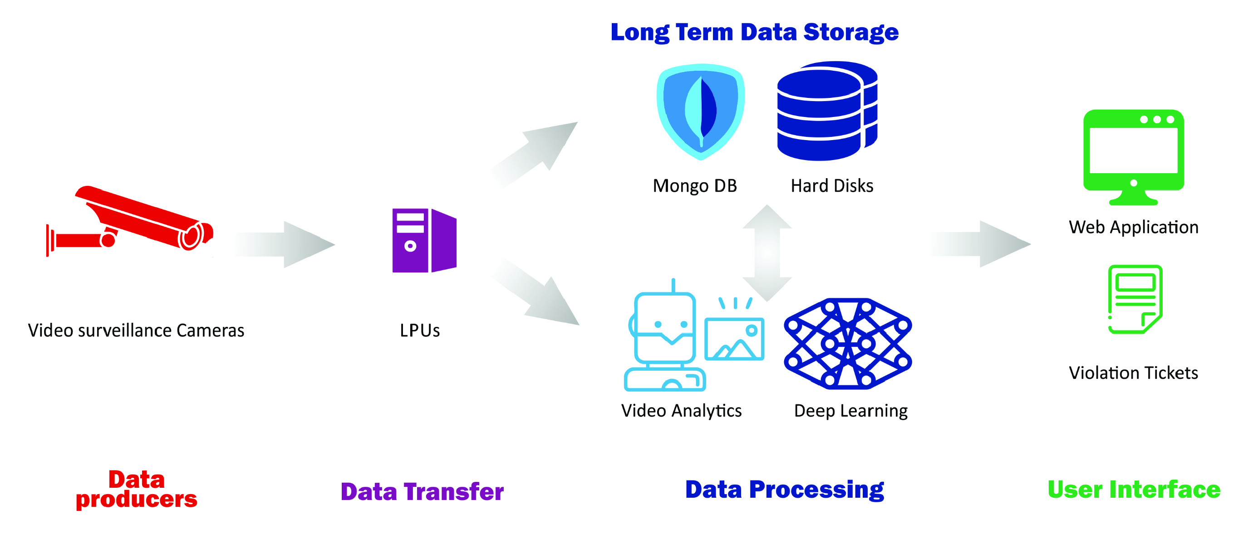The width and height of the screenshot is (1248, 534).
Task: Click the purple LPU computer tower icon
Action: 424,241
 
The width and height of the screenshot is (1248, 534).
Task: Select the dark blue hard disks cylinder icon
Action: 826,112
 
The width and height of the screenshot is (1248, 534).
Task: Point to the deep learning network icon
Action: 848,344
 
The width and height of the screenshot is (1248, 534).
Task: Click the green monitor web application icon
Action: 1133,155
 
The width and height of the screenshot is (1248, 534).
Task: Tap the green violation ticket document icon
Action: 1135,299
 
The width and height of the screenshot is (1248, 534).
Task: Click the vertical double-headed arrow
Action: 767,252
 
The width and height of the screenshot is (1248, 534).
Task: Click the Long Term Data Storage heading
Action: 754,33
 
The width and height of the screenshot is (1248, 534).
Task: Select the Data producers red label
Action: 137,489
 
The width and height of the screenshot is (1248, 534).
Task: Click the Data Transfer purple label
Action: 422,491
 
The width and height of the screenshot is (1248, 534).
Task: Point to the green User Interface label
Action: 1134,490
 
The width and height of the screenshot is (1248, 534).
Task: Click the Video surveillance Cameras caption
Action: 136,330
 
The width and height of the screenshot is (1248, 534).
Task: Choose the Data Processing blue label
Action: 784,490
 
